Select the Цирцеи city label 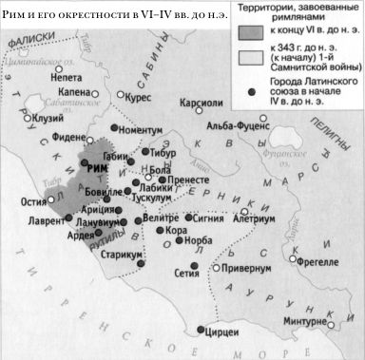221,335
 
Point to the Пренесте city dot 163,178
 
